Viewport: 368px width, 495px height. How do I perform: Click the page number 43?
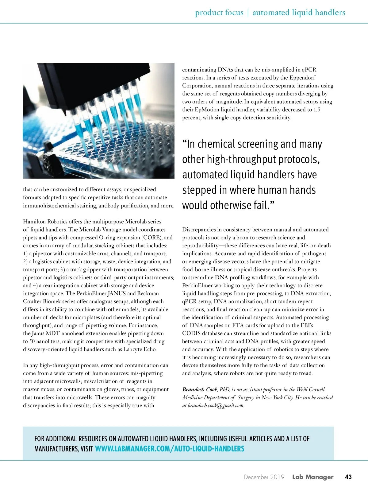[x=348, y=477]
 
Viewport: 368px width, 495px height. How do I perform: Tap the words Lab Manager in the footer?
[x=312, y=477]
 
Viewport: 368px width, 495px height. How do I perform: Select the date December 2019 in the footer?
[x=264, y=477]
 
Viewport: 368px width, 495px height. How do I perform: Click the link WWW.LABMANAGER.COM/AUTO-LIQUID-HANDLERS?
[x=170, y=449]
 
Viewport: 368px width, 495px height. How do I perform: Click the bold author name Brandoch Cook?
[x=200, y=389]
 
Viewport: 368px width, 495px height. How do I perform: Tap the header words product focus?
[x=219, y=13]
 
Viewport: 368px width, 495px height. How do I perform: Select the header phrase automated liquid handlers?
[x=299, y=13]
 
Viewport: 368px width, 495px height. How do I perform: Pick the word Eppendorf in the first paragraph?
[x=302, y=78]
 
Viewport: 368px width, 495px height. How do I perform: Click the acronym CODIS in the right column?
[x=191, y=333]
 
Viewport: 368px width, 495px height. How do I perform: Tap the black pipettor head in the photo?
[x=77, y=80]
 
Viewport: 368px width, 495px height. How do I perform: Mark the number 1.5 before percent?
[x=316, y=110]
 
